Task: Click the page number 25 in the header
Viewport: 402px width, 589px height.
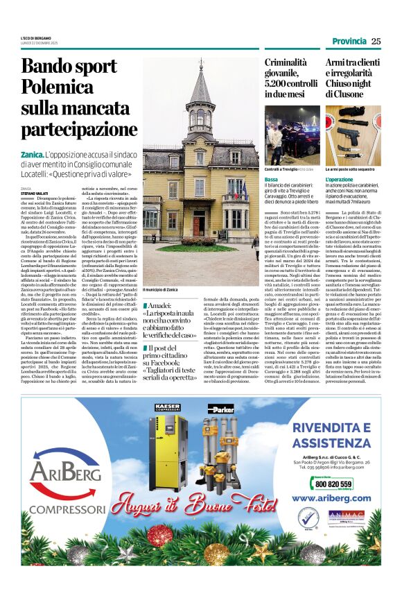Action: (x=376, y=41)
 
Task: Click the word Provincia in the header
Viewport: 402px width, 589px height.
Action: (x=348, y=41)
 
